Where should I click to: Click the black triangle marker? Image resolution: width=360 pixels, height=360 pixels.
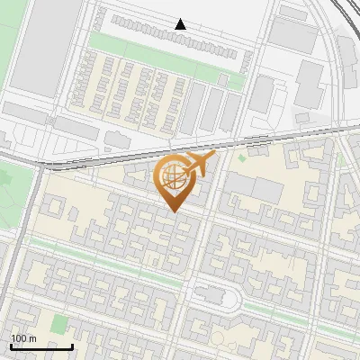pyautogui.click(x=181, y=24)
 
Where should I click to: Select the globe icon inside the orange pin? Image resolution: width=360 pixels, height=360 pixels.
pyautogui.click(x=172, y=178)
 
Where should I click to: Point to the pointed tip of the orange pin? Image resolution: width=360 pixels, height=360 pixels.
pyautogui.click(x=173, y=211)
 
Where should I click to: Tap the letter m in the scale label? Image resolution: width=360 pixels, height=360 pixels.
pyautogui.click(x=32, y=338)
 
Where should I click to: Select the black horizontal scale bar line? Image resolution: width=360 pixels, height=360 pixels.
pyautogui.click(x=41, y=346)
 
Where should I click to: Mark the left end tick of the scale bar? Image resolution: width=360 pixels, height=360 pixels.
pyautogui.click(x=11, y=344)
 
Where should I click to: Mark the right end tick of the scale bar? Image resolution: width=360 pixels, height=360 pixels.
pyautogui.click(x=73, y=344)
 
